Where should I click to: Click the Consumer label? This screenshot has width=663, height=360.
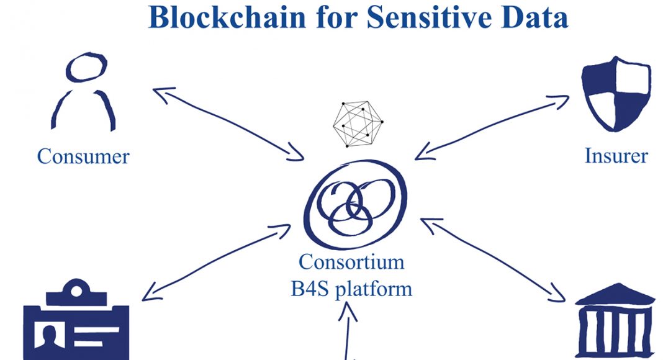tap(83, 156)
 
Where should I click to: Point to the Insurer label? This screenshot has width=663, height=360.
tap(616, 156)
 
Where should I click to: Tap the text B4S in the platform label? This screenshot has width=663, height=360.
tap(310, 289)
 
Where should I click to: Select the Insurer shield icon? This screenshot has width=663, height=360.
tap(616, 94)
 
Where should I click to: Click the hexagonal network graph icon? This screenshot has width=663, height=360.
tap(358, 124)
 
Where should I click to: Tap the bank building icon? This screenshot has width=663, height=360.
tap(615, 321)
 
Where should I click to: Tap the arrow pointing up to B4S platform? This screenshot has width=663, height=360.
tap(348, 331)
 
